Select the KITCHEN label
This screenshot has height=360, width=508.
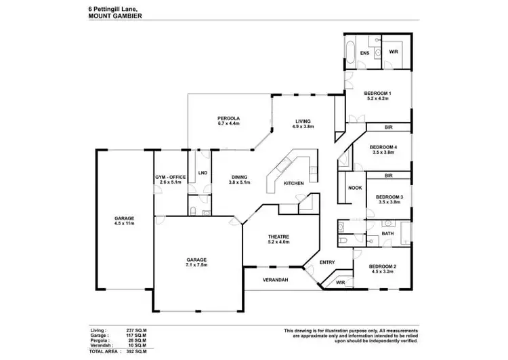(x=293, y=184)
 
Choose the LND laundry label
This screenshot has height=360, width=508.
(x=203, y=173)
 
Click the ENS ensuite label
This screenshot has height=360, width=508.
(x=364, y=52)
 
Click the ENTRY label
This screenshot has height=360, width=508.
(x=327, y=262)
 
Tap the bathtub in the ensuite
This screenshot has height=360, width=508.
(x=350, y=52)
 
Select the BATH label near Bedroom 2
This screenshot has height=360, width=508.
(x=387, y=234)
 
